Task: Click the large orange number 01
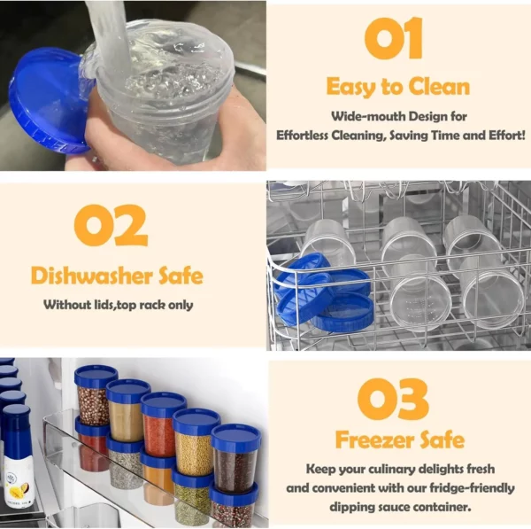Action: pyautogui.click(x=394, y=39)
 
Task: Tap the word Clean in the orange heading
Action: pyautogui.click(x=439, y=87)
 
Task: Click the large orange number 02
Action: pyautogui.click(x=111, y=225)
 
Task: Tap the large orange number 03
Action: pyautogui.click(x=393, y=399)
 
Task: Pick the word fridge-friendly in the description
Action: pyautogui.click(x=472, y=488)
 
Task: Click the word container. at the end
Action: pyautogui.click(x=442, y=508)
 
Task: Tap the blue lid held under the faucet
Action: pyautogui.click(x=48, y=100)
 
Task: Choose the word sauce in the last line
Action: pyautogui.click(x=391, y=508)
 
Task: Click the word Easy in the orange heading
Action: pyautogui.click(x=352, y=88)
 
